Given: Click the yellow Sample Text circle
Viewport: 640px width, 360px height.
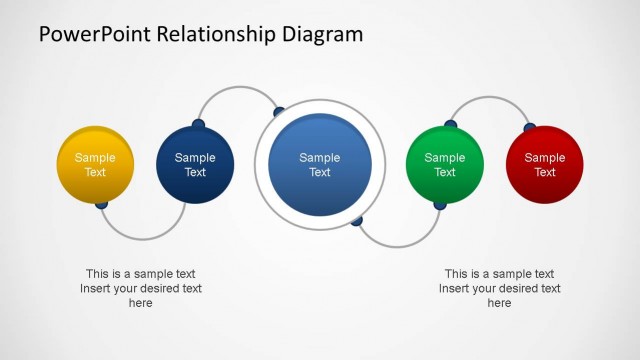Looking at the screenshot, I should (95, 164).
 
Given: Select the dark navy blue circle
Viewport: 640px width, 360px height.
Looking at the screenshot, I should (195, 164).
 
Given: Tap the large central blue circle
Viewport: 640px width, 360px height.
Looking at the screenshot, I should (319, 165).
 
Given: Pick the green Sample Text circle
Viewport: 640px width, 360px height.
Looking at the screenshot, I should (445, 164).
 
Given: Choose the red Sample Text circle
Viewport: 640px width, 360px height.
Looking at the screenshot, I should (544, 164).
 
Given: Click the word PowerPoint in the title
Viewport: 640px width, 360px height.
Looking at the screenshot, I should (91, 35).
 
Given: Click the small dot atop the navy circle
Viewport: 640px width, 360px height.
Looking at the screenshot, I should (198, 125).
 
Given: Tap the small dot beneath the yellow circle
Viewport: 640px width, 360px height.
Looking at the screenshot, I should (101, 204).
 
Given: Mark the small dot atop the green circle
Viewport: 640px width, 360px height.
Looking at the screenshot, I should (450, 125).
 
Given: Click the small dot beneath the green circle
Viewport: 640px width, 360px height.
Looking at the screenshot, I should (439, 204).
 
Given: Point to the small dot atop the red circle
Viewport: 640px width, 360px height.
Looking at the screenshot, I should (530, 127).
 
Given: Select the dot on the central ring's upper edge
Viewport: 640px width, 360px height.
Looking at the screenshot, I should (279, 111).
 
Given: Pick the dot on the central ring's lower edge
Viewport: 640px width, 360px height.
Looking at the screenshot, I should (356, 220).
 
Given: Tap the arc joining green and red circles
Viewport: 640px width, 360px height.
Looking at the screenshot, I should (489, 97).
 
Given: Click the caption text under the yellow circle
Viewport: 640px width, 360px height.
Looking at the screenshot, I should (141, 288).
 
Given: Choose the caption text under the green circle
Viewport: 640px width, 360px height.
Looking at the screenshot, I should (499, 288).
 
